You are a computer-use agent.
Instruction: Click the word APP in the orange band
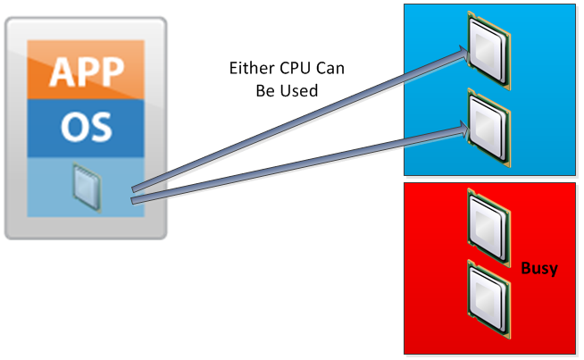point(86,71)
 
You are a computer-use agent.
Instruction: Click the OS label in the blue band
point(86,126)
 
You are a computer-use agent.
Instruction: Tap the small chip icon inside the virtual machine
point(86,188)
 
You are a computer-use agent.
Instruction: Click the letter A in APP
point(60,71)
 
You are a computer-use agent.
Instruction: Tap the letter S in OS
point(100,126)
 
